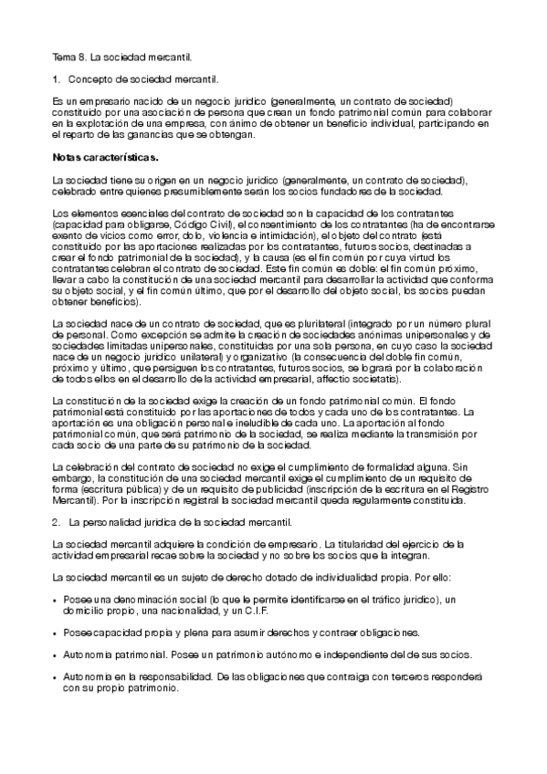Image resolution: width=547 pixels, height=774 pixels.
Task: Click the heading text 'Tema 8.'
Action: tap(68, 58)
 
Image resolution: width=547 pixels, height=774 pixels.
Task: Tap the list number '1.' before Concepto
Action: tap(57, 78)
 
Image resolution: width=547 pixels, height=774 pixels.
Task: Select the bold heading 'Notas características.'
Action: tap(106, 157)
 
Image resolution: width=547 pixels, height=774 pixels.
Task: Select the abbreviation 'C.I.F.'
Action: tap(253, 611)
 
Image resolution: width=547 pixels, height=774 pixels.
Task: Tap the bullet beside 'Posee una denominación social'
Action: tap(57, 600)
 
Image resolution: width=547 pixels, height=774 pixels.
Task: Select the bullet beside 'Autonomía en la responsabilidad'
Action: tap(57, 678)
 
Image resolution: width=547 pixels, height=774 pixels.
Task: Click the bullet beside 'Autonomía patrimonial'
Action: tap(57, 655)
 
